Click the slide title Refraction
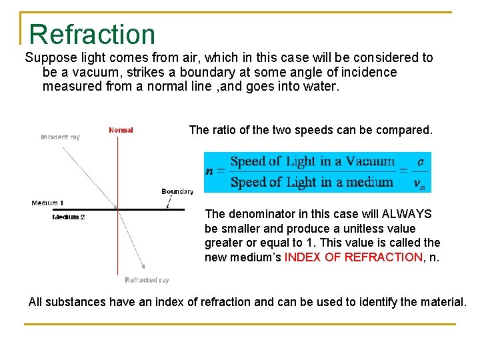coord(92,35)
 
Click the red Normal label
coord(121,130)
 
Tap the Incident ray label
coord(60,137)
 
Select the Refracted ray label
coord(147,280)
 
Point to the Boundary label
coord(177,191)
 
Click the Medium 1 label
coord(48,203)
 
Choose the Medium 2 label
coord(69,217)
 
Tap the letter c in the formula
coord(420,162)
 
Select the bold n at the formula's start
coord(210,171)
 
